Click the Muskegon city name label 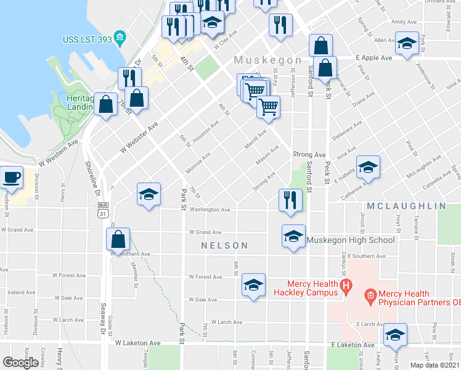coord(267,60)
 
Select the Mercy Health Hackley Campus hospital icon coord(346,286)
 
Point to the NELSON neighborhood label coord(225,245)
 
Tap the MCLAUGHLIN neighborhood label coord(407,205)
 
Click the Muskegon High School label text coord(351,240)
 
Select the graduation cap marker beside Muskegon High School coord(293,236)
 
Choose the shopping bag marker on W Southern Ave coord(120,239)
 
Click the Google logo coord(20,363)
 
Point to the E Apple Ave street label coord(374,58)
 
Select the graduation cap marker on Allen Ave coord(407,43)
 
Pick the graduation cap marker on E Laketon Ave coord(394,335)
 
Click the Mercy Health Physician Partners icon coord(370,297)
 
